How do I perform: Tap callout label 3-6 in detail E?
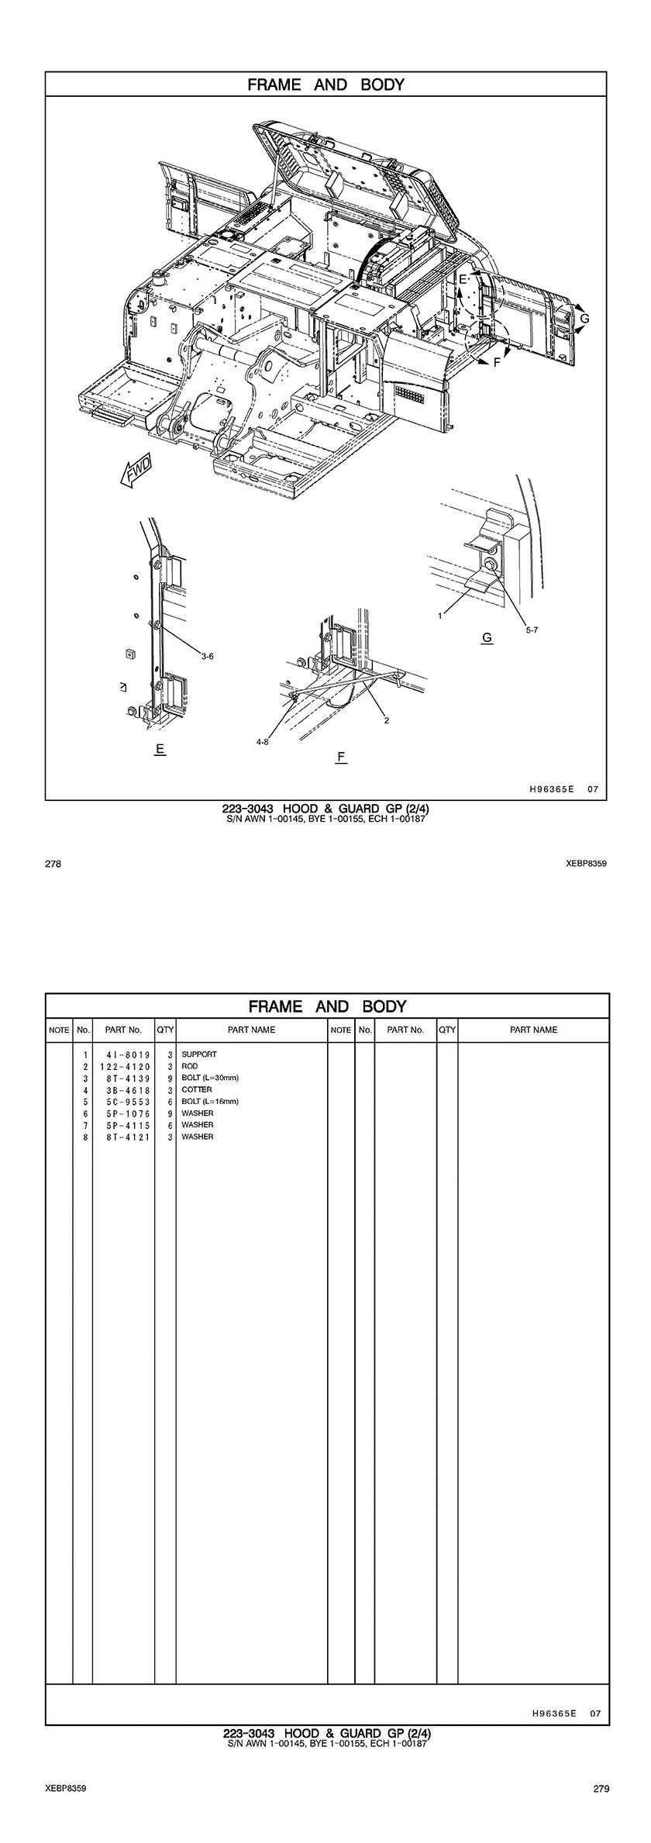click(x=207, y=656)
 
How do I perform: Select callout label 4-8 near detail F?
click(x=262, y=742)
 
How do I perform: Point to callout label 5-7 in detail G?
click(x=532, y=630)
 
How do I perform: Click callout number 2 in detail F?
click(x=386, y=720)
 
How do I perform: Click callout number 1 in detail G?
click(x=440, y=616)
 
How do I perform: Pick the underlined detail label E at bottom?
click(x=160, y=749)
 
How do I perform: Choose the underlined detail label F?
click(x=341, y=757)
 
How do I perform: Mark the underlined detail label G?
click(x=487, y=637)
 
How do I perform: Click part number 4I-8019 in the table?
click(x=124, y=1055)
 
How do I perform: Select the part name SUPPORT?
click(x=199, y=1054)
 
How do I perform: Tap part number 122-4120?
click(x=124, y=1067)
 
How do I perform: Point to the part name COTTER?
click(x=197, y=1089)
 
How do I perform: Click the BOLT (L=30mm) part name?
click(x=210, y=1078)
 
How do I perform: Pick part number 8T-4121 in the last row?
click(x=124, y=1137)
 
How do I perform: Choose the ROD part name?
click(x=190, y=1066)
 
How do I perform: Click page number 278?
click(x=53, y=864)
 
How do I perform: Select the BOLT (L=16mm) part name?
click(x=210, y=1101)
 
